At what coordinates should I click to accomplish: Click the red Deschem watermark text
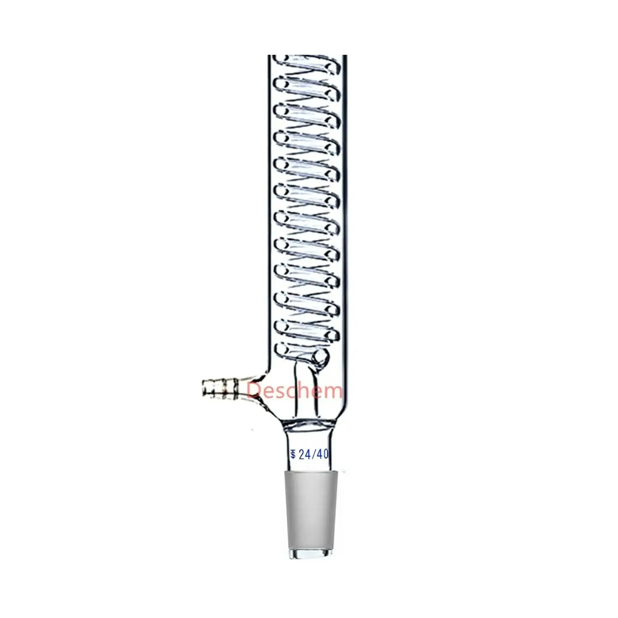pos(295,389)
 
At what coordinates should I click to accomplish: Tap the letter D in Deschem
pos(253,389)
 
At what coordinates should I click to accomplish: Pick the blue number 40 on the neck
pos(323,454)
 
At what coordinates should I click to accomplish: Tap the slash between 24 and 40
pos(314,454)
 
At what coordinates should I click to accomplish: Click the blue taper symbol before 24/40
pos(293,455)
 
